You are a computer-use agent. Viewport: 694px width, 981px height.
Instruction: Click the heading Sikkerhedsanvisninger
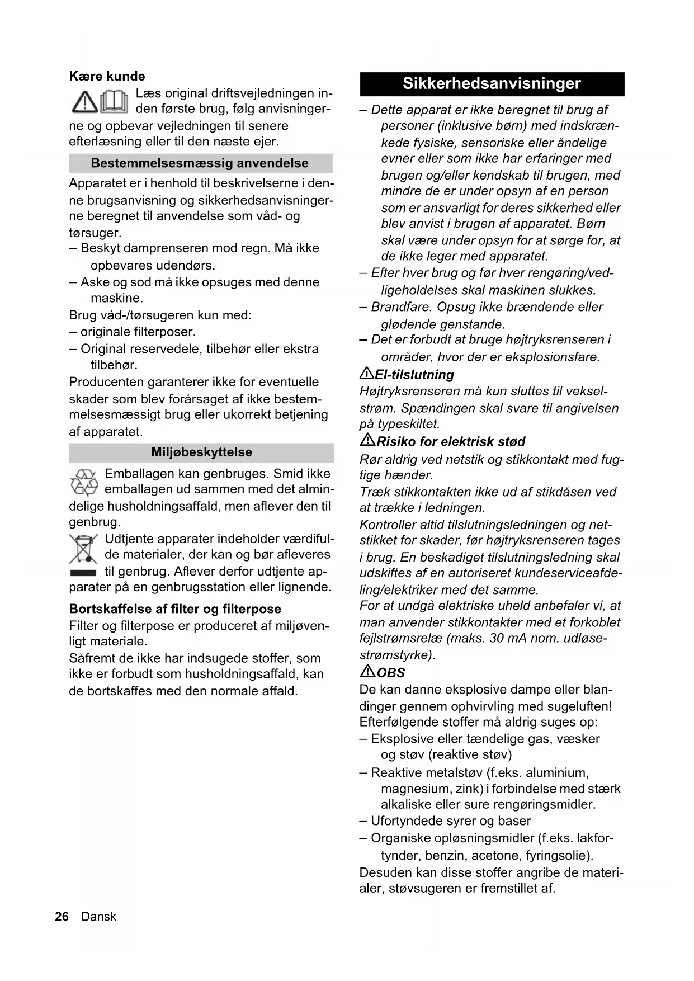coord(492,84)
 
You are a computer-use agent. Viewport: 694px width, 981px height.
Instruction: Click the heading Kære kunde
coord(107,76)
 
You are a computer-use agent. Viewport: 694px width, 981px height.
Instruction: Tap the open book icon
coord(115,101)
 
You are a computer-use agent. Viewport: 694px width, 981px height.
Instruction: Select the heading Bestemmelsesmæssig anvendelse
coord(200,163)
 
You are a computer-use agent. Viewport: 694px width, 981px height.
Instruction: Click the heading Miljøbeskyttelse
coord(201,452)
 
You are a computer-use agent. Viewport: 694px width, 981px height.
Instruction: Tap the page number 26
coord(62,917)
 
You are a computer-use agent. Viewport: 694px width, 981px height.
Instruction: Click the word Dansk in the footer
coord(98,917)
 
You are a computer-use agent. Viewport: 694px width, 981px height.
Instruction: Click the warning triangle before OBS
coord(367,671)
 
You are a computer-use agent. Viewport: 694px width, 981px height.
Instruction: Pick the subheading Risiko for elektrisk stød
coord(451,442)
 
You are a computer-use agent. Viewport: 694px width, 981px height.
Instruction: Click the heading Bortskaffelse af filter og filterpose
coord(175,609)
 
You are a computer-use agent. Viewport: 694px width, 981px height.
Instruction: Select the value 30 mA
coord(510,638)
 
